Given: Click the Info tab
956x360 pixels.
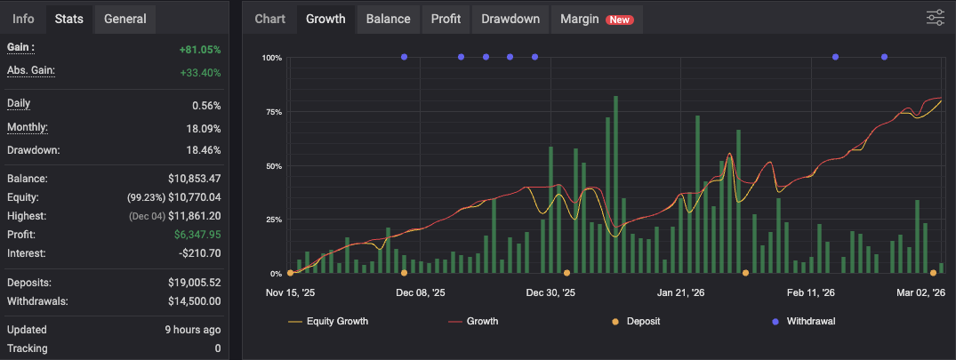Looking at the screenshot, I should [x=24, y=19].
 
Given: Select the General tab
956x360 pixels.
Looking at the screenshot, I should [x=125, y=19].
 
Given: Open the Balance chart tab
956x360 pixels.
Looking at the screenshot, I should [x=388, y=19].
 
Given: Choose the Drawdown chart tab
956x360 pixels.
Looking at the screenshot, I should [x=510, y=19].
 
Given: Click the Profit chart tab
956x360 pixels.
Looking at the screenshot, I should [x=446, y=19].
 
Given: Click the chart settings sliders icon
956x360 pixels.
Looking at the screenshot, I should [x=936, y=18].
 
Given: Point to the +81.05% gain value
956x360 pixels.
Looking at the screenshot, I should [x=199, y=50].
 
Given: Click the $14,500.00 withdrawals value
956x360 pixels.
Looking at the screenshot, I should [x=193, y=301].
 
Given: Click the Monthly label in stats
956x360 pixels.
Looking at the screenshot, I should [x=28, y=127].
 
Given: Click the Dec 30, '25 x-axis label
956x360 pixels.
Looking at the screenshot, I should [x=550, y=292].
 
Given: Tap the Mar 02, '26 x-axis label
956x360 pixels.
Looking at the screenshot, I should [x=920, y=292].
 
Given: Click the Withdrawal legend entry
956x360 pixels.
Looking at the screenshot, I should [x=810, y=321].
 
